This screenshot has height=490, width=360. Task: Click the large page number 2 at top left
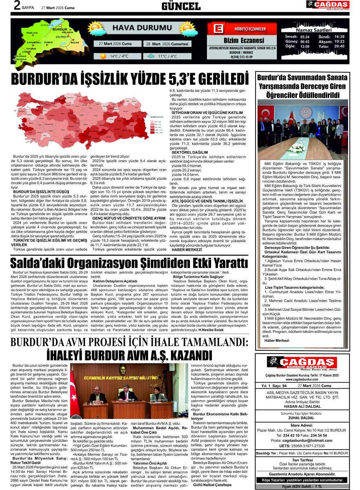tap(17, 6)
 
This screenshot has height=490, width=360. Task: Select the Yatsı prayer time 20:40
tap(339, 46)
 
